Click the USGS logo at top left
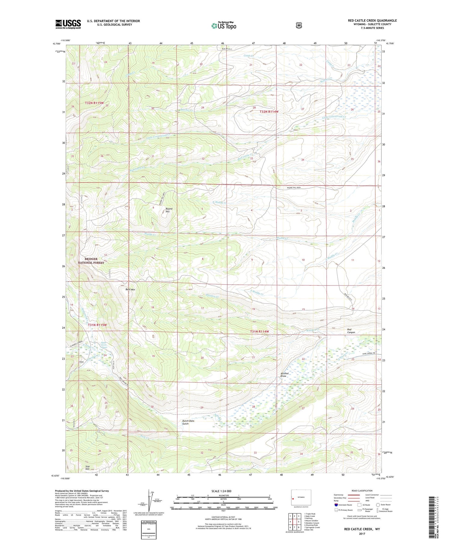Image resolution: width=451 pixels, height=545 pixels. click(x=68, y=24)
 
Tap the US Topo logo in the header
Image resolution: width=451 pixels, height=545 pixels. click(x=224, y=26)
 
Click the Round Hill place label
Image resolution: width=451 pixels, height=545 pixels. click(x=168, y=210)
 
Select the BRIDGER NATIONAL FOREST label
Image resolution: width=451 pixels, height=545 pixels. click(x=91, y=261)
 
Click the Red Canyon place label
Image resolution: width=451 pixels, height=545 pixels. click(x=351, y=331)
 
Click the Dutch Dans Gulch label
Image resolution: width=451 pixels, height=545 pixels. click(x=188, y=422)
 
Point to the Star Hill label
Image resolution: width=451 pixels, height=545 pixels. click(x=87, y=467)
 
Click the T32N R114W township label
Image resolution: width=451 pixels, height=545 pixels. click(x=269, y=112)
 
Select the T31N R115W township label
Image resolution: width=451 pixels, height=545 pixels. click(x=97, y=325)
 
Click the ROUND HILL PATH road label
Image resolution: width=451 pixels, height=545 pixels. click(x=293, y=188)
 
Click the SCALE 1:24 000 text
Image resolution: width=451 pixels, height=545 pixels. click(x=221, y=491)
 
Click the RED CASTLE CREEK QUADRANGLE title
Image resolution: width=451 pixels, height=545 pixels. click(x=372, y=20)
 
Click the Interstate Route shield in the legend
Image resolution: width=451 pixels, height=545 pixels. click(x=336, y=505)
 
